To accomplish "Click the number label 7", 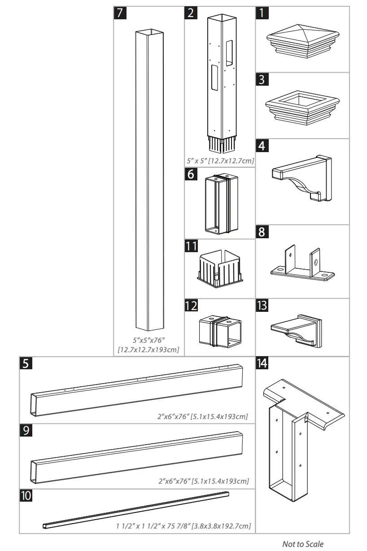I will (x=118, y=13).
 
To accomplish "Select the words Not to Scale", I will (x=302, y=544).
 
